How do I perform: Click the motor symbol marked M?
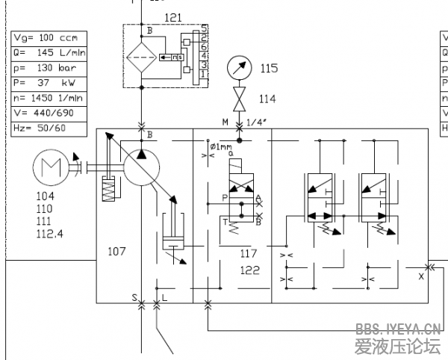[x=51, y=167]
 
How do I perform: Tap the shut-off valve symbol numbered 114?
[x=239, y=99]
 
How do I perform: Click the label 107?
[x=117, y=251]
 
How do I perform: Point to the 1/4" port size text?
[x=256, y=122]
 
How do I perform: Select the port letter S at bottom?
[x=135, y=297]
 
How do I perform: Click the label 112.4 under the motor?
[x=49, y=234]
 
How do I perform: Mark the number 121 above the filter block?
[x=172, y=16]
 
